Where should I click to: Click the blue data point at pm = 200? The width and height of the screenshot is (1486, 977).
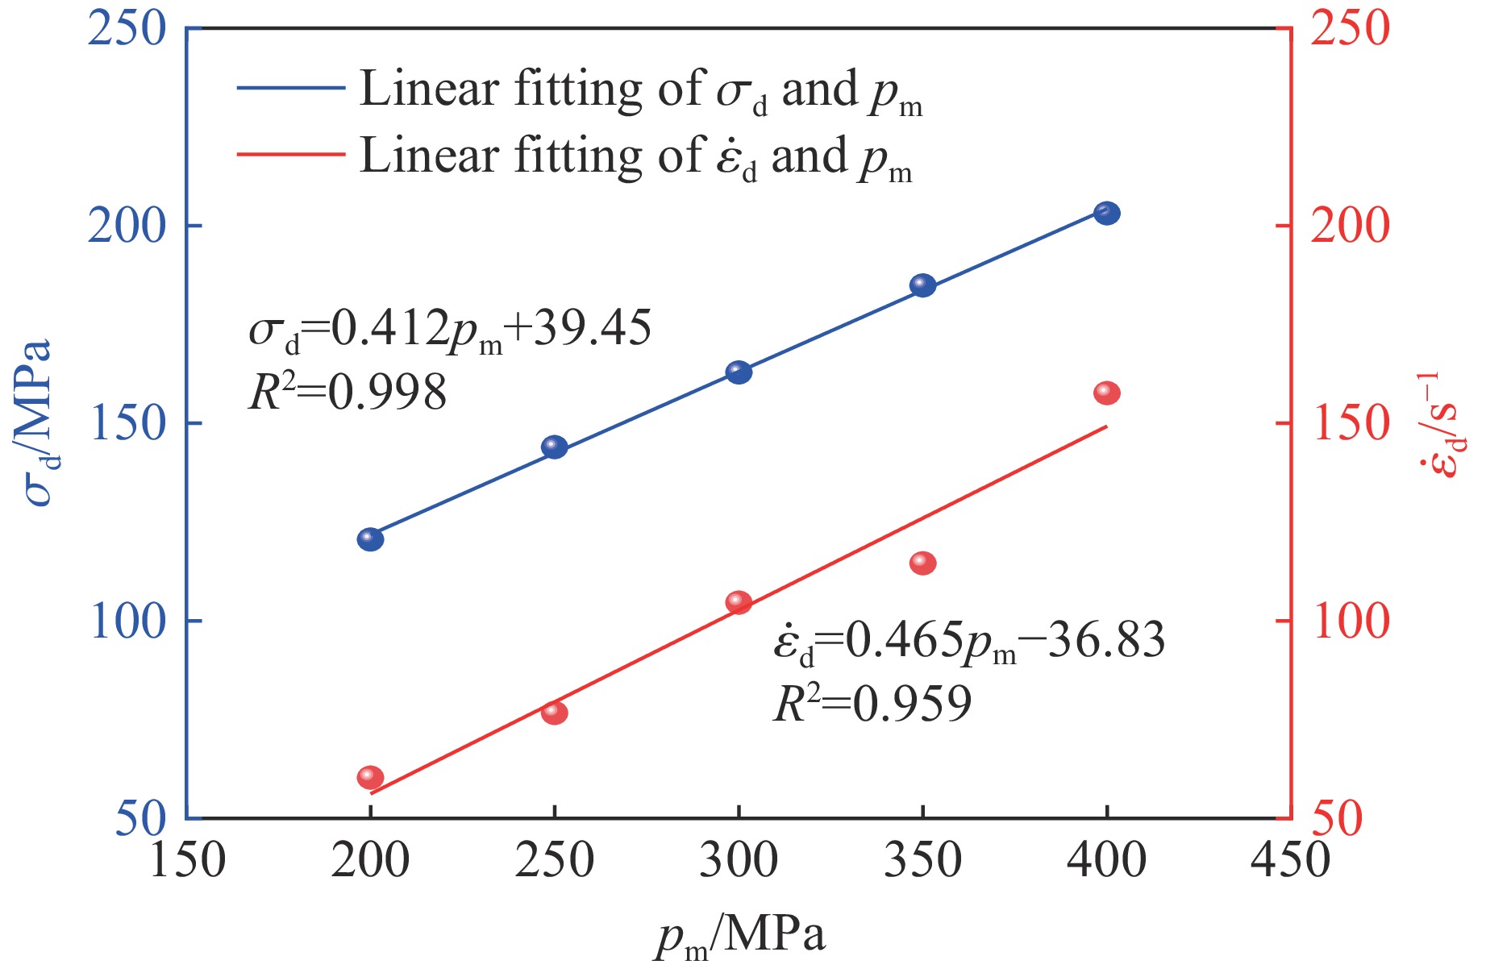[370, 539]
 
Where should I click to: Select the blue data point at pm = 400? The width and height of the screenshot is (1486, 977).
[1106, 214]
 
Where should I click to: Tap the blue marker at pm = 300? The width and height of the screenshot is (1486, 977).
[739, 372]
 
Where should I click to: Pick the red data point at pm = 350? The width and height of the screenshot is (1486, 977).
[922, 563]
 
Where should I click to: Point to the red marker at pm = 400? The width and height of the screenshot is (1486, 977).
[1106, 393]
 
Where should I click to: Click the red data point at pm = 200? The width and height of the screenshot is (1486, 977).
[370, 777]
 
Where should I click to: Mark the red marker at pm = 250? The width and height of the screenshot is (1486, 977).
[555, 713]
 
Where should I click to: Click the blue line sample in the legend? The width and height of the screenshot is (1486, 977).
[291, 88]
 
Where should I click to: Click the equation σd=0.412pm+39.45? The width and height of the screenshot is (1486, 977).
[449, 330]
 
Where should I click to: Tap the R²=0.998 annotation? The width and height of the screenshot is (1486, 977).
[347, 393]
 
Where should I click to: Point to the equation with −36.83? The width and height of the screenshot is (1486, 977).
[968, 642]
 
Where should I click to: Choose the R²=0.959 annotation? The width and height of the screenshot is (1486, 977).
[872, 704]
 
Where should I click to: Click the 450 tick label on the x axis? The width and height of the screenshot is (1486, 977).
[1288, 860]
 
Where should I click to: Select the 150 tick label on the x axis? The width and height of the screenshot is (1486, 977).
[188, 860]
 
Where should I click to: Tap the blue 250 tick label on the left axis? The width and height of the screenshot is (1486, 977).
[127, 29]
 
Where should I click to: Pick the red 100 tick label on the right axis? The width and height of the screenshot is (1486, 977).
[1351, 622]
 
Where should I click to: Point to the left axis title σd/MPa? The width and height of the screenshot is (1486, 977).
[37, 423]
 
